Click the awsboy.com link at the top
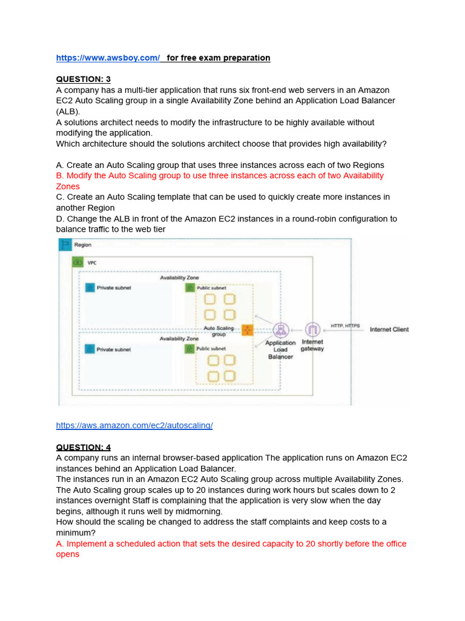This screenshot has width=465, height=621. (x=108, y=58)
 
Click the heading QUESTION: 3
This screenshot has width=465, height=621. (x=84, y=79)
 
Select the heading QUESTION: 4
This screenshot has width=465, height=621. (x=84, y=448)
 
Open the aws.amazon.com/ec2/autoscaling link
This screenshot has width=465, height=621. (x=134, y=426)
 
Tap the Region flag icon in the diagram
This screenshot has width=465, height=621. (x=65, y=245)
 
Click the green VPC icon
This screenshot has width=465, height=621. (x=77, y=263)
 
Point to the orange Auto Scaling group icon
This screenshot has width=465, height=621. (x=247, y=330)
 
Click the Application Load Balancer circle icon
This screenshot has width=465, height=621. (x=280, y=330)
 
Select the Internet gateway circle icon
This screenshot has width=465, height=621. (x=312, y=330)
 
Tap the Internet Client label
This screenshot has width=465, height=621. (x=389, y=330)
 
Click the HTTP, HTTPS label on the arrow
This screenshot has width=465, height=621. (x=345, y=326)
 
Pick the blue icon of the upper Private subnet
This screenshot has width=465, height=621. (x=90, y=287)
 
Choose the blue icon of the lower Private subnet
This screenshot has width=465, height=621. (x=90, y=349)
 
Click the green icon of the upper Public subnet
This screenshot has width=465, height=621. (x=190, y=287)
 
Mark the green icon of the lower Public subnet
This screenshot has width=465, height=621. (x=190, y=349)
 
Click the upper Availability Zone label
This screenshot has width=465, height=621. (x=179, y=277)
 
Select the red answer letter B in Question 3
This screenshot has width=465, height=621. (x=59, y=176)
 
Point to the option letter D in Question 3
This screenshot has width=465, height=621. (x=59, y=219)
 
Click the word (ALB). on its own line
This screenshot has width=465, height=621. (x=68, y=112)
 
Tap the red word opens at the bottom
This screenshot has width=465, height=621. (x=68, y=554)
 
